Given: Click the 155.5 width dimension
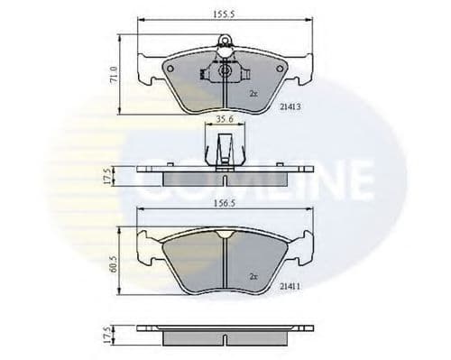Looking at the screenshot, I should (x=220, y=14).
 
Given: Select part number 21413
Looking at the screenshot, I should (x=289, y=106).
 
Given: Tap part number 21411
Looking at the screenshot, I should (x=289, y=285).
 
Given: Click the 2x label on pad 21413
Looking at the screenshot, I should (x=253, y=93).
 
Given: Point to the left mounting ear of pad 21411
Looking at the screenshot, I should (x=145, y=243).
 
